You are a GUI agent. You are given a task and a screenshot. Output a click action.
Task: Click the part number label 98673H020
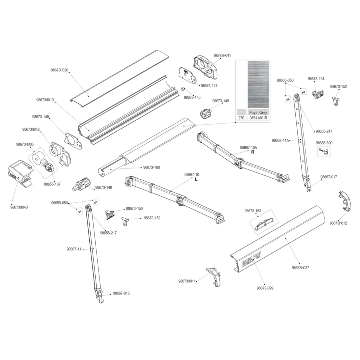(x=59, y=70)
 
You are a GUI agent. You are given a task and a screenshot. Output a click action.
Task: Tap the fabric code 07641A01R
(x=258, y=118)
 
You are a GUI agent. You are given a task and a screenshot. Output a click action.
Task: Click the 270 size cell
(x=241, y=118)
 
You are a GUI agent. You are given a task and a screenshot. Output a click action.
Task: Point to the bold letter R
(x=253, y=152)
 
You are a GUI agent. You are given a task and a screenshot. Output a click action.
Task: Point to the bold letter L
(x=196, y=179)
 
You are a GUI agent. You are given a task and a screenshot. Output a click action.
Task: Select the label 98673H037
(x=300, y=268)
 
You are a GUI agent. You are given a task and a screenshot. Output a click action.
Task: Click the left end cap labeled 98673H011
(x=214, y=277)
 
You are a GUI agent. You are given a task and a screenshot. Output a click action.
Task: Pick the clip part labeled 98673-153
(x=264, y=223)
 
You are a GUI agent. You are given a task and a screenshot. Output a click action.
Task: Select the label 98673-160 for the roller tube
(x=152, y=167)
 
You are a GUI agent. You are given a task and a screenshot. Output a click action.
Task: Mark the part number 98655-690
(x=324, y=143)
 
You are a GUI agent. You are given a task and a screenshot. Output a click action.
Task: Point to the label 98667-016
(x=121, y=293)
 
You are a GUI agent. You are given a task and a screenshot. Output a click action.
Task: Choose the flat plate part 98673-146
(x=73, y=141)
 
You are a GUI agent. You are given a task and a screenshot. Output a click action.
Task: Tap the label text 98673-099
(x=265, y=288)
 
